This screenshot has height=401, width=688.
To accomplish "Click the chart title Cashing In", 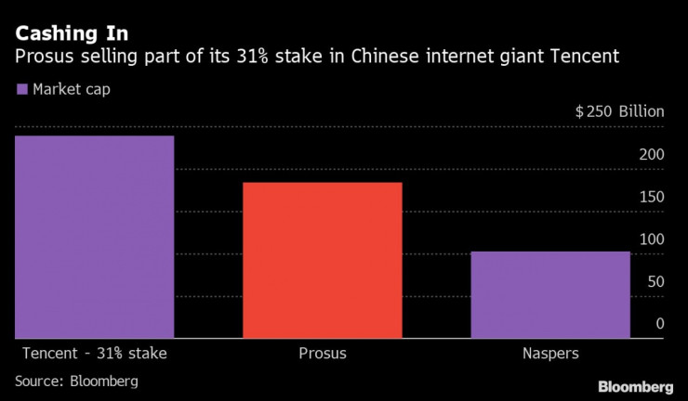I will coord(71,35).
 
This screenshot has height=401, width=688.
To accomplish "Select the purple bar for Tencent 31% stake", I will coord(94,237).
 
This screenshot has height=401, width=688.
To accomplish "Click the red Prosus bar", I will coord(323,260).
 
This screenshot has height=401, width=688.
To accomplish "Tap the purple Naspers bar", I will coord(550,294).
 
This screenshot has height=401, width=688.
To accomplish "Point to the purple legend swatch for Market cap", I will coord(21,90).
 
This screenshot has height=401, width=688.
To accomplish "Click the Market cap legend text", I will coord(73,90).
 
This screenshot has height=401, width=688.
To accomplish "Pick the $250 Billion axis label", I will coord(619,112).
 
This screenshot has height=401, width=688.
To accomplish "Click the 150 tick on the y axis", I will coord(651,197).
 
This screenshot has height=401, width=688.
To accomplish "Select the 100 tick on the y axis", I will coord(651,239).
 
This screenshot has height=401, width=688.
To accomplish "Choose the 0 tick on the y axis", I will coord(659,324).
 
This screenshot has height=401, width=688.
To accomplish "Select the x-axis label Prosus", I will coord(323,354).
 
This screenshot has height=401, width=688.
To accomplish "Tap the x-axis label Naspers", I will coord(550,354).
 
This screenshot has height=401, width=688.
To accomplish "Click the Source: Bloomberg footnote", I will coord(76,381).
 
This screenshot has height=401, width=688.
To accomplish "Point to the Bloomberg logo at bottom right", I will coord(636,385).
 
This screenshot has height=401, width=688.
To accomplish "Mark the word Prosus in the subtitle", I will coord(43,58).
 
